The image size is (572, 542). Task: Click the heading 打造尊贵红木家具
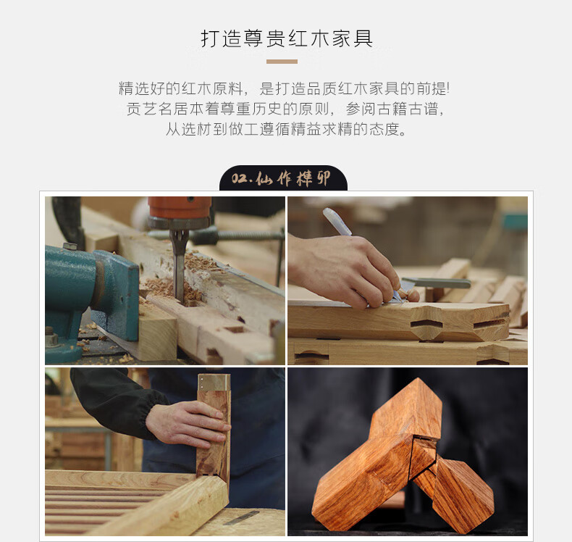[287, 38]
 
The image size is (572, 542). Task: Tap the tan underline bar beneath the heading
[282, 62]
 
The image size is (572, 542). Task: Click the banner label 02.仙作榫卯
[281, 179]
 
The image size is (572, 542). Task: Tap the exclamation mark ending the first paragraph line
[447, 88]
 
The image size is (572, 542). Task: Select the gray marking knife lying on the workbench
[436, 283]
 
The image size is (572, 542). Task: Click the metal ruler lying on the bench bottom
[242, 517]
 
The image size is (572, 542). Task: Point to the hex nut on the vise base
[52, 339]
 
